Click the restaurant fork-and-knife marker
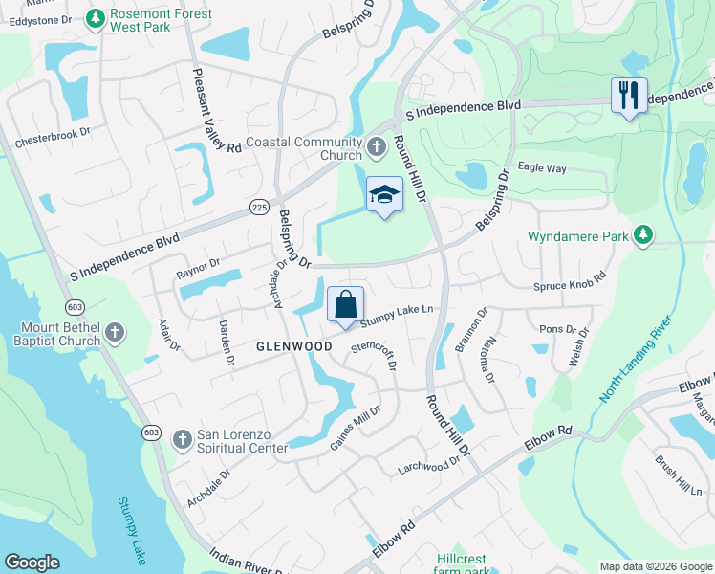click(629, 96)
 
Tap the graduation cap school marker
click(384, 194)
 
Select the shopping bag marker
click(345, 305)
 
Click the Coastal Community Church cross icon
click(377, 148)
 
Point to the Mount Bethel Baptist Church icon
click(115, 333)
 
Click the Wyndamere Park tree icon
click(644, 234)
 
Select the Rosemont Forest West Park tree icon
click(95, 17)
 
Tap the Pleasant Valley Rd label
click(216, 111)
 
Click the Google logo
click(32, 563)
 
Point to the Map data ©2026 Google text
click(654, 566)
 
